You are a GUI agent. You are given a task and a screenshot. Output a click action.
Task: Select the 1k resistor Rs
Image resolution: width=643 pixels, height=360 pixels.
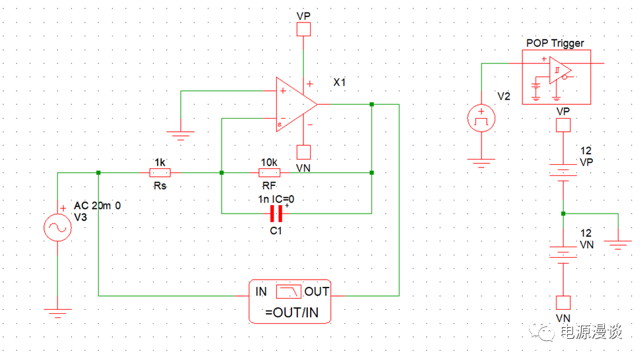click(160, 173)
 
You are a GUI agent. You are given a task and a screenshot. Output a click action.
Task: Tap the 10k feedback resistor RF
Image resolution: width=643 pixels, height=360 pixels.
click(270, 173)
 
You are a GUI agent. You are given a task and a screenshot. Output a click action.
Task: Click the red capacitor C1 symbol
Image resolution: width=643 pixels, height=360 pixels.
click(276, 213)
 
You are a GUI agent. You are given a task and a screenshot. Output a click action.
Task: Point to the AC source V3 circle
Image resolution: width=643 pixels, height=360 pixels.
click(57, 228)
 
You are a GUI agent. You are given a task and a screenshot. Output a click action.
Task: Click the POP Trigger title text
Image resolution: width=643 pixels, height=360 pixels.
click(555, 43)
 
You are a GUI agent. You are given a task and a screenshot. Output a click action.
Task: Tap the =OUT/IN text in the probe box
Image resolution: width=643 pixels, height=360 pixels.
click(290, 313)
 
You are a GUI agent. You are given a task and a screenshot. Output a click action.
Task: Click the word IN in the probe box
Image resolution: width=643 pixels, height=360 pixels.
click(262, 291)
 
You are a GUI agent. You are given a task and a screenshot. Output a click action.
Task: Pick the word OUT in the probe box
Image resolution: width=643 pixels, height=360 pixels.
click(317, 291)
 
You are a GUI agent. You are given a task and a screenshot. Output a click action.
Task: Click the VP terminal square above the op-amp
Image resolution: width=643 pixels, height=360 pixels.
click(303, 29)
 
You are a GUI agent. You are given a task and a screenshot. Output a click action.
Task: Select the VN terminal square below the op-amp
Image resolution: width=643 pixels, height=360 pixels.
click(303, 152)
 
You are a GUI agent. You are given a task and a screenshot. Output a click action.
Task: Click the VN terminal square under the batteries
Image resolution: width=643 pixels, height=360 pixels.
click(563, 303)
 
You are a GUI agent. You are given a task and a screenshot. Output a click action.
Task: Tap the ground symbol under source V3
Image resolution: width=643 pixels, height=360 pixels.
click(57, 313)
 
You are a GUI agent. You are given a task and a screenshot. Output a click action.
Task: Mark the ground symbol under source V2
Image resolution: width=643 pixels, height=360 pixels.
click(481, 162)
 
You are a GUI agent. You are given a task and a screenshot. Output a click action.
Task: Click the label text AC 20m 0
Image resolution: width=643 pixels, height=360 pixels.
click(97, 206)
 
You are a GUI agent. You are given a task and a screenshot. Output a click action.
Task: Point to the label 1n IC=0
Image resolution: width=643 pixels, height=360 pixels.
click(276, 198)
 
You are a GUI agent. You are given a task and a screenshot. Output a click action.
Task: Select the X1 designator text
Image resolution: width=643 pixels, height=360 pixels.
click(340, 83)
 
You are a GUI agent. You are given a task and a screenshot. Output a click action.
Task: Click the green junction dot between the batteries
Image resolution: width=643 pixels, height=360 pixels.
click(563, 213)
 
